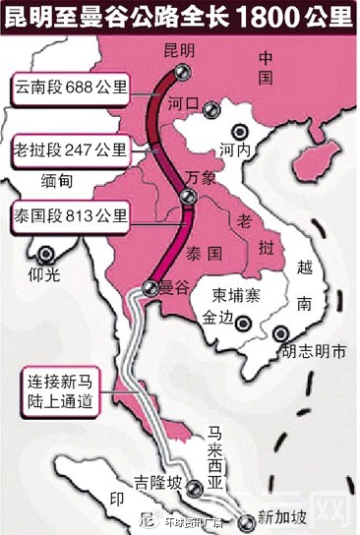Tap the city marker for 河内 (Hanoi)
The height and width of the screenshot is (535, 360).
(x=237, y=132)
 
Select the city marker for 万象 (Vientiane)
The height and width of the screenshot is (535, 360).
(x=188, y=197)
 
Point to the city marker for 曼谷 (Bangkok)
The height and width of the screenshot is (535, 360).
(x=150, y=287)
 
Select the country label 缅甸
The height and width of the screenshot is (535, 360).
(x=59, y=180)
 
